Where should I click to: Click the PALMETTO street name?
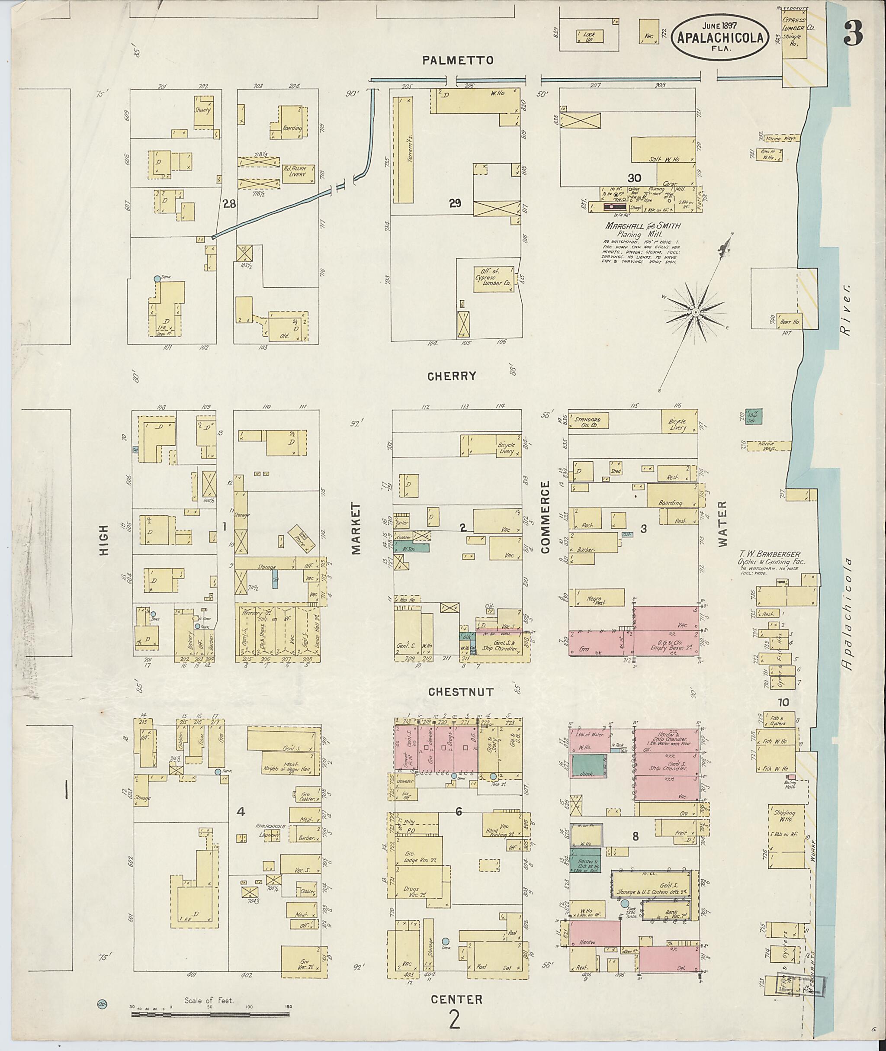tap(458, 61)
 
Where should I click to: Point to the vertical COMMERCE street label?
tap(546, 517)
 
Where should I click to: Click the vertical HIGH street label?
tap(104, 540)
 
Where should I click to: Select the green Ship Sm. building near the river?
tap(753, 415)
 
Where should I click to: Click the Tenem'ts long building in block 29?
tap(402, 151)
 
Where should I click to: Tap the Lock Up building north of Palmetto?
tap(589, 36)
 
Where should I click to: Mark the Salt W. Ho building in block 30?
tap(663, 150)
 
